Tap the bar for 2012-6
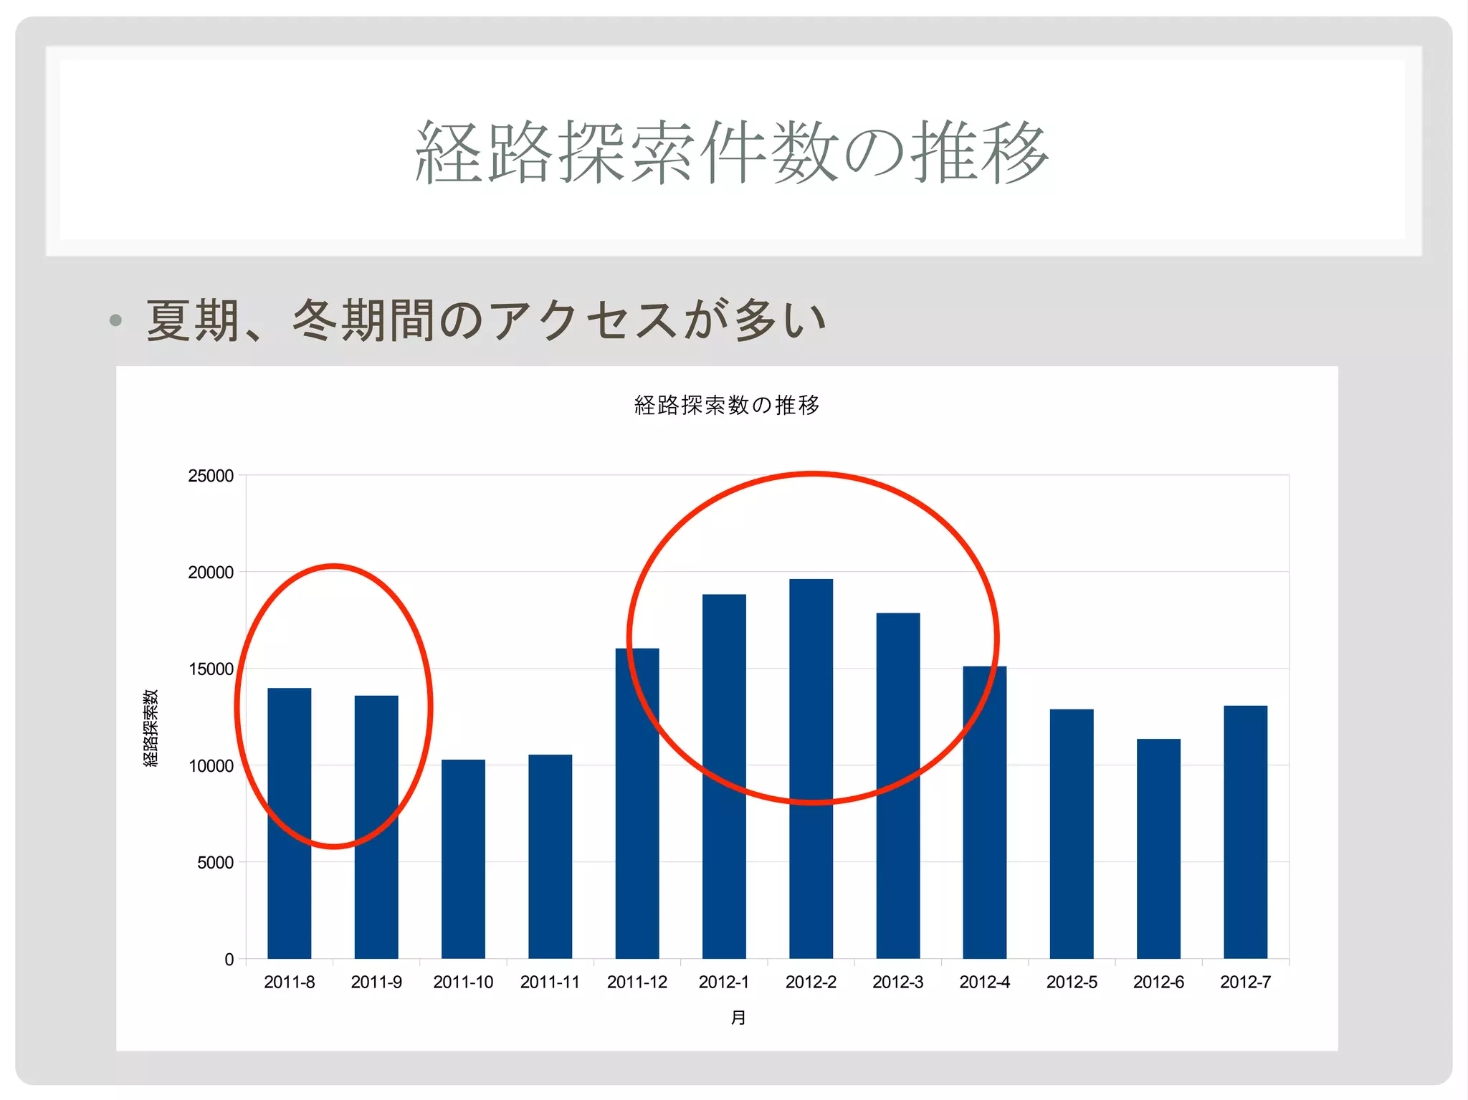[x=1158, y=848]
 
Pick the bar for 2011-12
[x=637, y=803]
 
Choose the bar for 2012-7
[x=1245, y=831]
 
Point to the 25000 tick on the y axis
[x=211, y=476]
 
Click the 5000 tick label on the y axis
[x=215, y=863]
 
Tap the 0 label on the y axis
[x=229, y=960]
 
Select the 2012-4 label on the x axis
[x=984, y=982]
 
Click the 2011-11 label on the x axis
[x=550, y=982]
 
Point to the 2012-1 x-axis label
[x=723, y=982]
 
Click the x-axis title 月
[x=738, y=1018]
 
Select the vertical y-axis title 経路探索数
[x=151, y=728]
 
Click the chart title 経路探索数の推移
[x=727, y=406]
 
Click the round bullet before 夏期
[x=115, y=320]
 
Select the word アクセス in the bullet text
[x=583, y=320]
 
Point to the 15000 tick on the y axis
[x=211, y=669]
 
